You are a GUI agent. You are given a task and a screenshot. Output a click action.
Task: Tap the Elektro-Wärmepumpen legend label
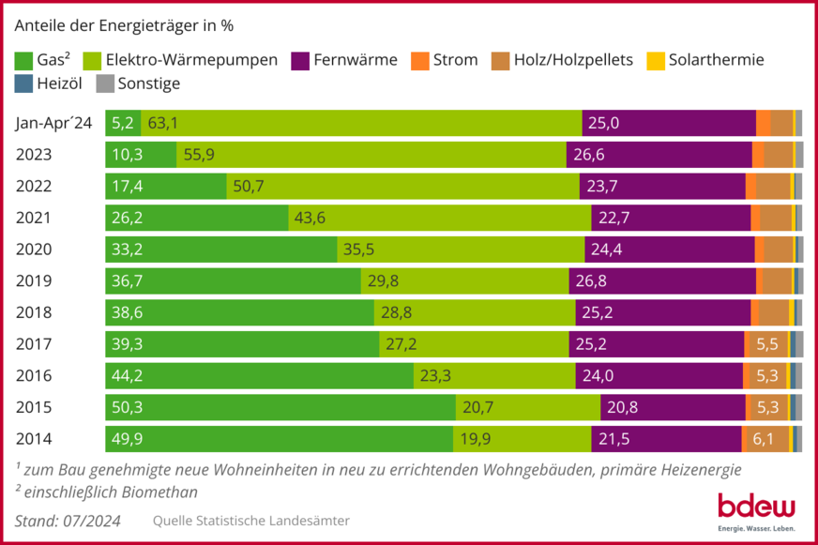(x=191, y=60)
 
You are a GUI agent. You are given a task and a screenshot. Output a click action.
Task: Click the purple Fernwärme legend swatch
(x=301, y=60)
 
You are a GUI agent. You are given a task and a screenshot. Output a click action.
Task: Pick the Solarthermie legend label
(x=716, y=60)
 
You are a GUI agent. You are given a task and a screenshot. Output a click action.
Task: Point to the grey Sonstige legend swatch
(x=105, y=83)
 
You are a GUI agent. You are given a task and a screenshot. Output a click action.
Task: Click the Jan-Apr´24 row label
(x=54, y=123)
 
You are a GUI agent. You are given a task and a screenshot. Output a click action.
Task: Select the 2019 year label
(x=34, y=280)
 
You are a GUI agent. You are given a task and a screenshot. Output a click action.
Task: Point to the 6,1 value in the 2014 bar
(x=763, y=439)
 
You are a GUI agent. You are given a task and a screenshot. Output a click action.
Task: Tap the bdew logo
(x=755, y=511)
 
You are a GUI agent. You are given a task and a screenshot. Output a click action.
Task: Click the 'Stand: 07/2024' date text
(x=68, y=521)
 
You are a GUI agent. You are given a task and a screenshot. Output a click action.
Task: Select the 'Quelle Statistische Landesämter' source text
(x=250, y=521)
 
